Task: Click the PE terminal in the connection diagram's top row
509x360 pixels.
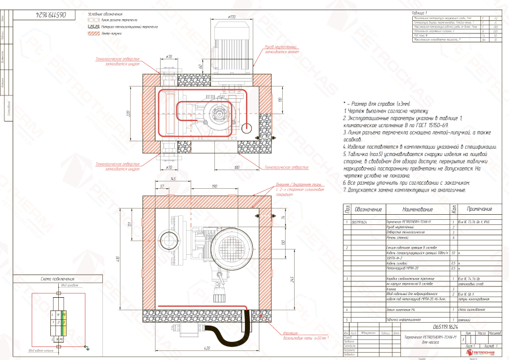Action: [x=64, y=314]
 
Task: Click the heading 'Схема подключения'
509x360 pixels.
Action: [x=58, y=279]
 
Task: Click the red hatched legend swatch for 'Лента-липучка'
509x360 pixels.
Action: [x=93, y=34]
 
